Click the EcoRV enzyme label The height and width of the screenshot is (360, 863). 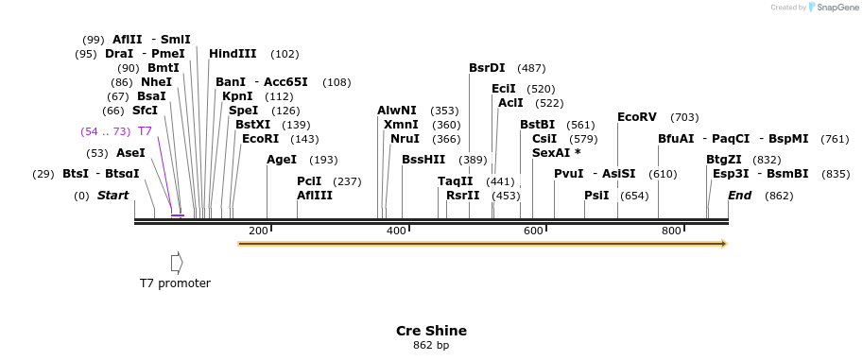click(x=636, y=117)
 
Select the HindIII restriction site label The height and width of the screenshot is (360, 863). click(x=233, y=54)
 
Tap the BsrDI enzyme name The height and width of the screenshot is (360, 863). click(x=487, y=68)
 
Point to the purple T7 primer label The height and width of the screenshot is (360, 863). click(x=145, y=131)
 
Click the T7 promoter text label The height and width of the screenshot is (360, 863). click(x=175, y=283)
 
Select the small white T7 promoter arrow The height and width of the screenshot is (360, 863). click(x=176, y=262)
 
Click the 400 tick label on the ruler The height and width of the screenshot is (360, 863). click(x=396, y=231)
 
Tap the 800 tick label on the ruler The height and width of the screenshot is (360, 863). click(x=671, y=231)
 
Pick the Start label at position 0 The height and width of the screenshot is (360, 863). click(x=112, y=196)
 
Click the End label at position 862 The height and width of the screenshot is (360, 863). click(x=739, y=196)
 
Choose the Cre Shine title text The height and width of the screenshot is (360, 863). click(x=431, y=331)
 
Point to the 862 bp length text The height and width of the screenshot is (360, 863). click(x=431, y=346)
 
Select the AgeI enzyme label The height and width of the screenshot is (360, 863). click(x=282, y=160)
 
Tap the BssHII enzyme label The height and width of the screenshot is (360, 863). click(x=423, y=160)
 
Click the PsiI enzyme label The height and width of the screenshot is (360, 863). click(x=596, y=196)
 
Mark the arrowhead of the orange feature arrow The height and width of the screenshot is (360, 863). click(x=724, y=244)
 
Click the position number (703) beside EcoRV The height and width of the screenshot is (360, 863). click(x=684, y=117)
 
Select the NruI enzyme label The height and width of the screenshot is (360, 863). click(x=405, y=139)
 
